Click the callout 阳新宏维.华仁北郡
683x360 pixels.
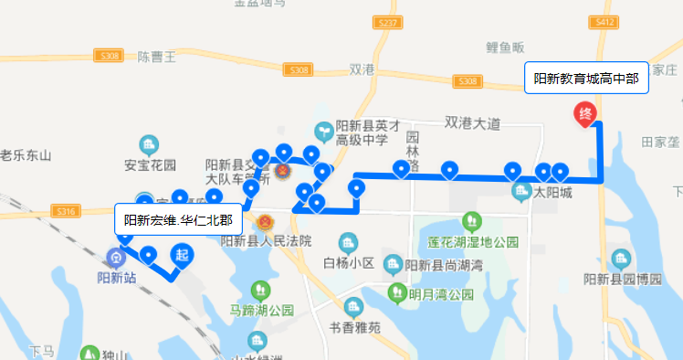(178, 219)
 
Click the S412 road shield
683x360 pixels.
(604, 48)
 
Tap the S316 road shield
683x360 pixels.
(64, 211)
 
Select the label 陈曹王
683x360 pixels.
(156, 57)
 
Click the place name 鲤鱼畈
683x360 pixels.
(505, 48)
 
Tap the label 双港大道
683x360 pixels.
(473, 122)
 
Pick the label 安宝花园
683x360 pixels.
(149, 165)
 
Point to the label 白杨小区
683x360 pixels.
(349, 263)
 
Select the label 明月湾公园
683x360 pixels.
(441, 295)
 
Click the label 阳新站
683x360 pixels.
(117, 277)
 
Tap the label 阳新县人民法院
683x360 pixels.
(267, 241)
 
